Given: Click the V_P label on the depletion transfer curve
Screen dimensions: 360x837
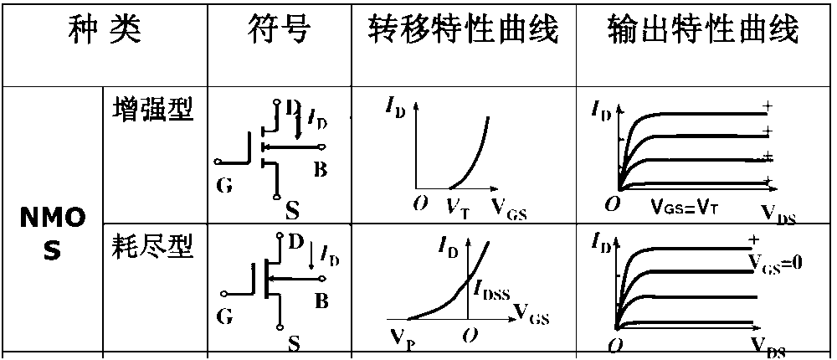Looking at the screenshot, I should tap(400, 338).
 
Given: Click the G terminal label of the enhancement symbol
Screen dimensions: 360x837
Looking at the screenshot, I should tap(223, 185).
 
